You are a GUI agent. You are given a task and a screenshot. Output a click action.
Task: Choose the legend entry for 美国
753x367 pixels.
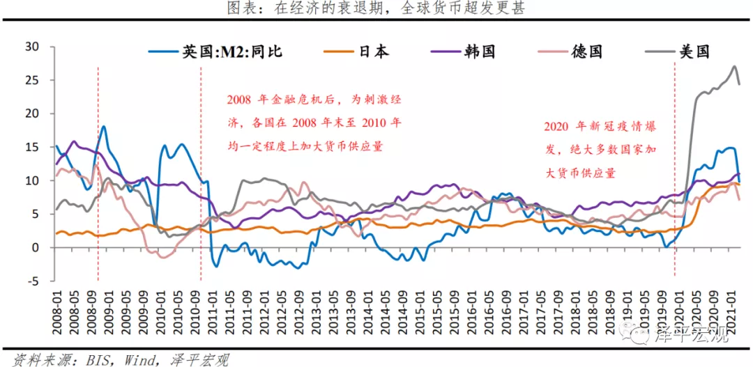click(694, 52)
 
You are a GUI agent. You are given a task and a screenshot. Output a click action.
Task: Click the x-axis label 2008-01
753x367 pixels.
click(57, 307)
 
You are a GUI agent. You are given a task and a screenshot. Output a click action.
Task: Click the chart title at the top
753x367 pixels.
click(376, 8)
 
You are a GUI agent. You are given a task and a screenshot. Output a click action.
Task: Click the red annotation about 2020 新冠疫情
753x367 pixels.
click(600, 150)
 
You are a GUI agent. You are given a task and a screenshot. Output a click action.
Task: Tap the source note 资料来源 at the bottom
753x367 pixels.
click(116, 359)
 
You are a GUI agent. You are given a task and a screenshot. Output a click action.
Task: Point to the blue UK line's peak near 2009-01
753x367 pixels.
click(104, 127)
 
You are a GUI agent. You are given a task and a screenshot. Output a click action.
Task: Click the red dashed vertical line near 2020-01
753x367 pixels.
click(675, 174)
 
